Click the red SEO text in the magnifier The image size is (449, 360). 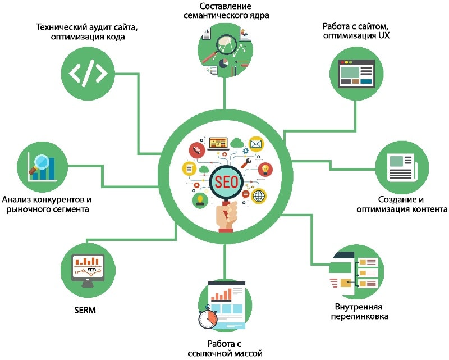[x=226, y=181]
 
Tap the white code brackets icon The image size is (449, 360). [x=88, y=73]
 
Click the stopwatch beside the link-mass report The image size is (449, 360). [x=208, y=318]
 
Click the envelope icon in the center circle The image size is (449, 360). [x=256, y=144]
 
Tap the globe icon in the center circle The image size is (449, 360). [x=259, y=196]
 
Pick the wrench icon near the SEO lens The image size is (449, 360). [x=245, y=163]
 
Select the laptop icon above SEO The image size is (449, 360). [x=217, y=143]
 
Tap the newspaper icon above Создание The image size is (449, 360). [x=400, y=166]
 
